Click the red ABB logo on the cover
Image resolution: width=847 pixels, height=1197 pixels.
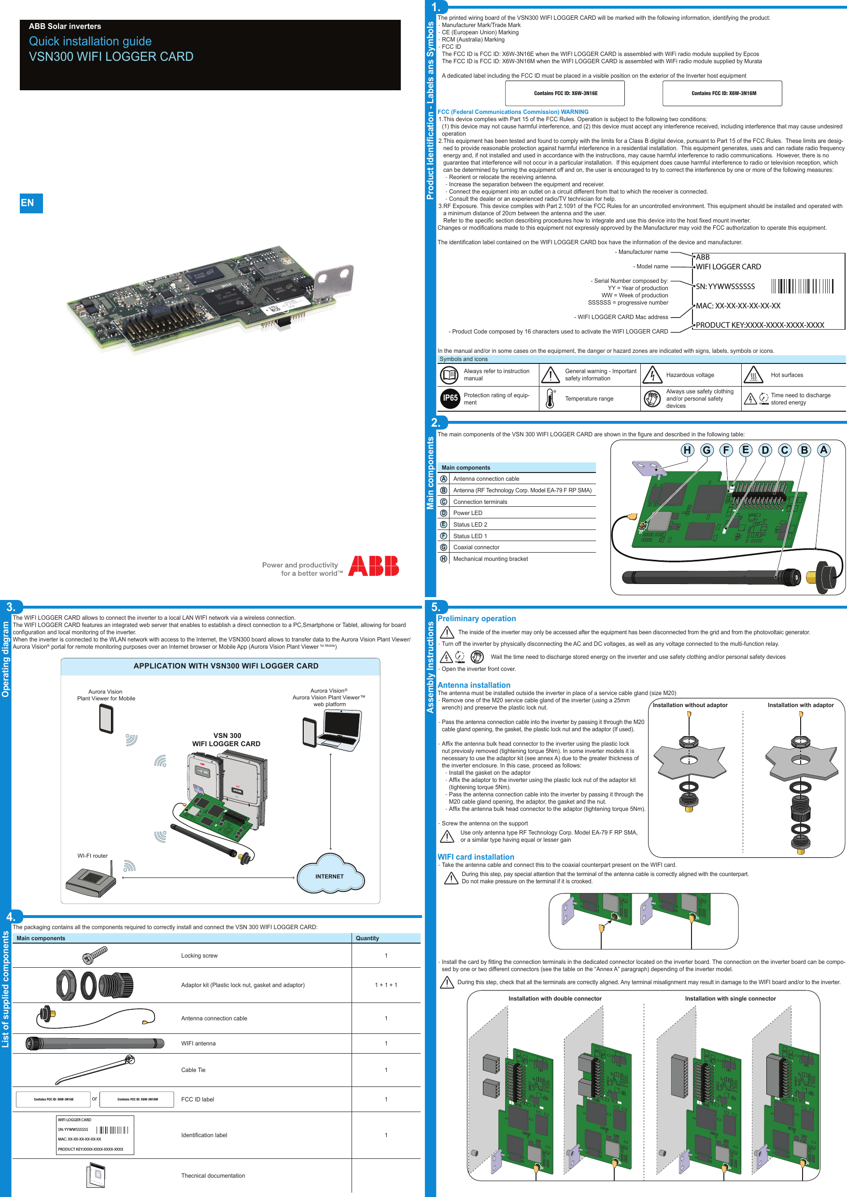(x=373, y=566)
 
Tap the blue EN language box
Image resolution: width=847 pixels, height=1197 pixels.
(x=31, y=203)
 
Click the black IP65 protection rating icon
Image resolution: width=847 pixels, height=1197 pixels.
(x=450, y=398)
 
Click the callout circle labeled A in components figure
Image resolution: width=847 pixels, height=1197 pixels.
(x=823, y=449)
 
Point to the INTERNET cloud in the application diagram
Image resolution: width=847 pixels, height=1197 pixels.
(x=329, y=876)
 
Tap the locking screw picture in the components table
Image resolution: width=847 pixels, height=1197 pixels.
(x=95, y=955)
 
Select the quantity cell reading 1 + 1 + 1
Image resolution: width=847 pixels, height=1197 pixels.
(x=386, y=985)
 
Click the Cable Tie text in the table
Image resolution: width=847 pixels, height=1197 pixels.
(x=193, y=1070)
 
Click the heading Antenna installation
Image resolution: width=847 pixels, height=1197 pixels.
(x=474, y=685)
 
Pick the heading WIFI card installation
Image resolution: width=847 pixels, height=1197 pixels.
(x=476, y=857)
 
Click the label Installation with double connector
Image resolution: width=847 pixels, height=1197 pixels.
(x=555, y=998)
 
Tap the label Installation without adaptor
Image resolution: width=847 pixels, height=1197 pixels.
(x=690, y=705)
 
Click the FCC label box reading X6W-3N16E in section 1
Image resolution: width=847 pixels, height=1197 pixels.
(x=565, y=93)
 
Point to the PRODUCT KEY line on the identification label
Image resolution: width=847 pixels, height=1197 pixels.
(x=760, y=325)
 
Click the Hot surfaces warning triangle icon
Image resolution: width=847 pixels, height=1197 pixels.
(x=753, y=375)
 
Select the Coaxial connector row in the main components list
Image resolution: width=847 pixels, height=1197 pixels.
(x=476, y=547)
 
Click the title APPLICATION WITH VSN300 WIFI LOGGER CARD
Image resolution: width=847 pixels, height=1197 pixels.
(x=226, y=666)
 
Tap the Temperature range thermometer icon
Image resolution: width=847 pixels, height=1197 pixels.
(x=550, y=398)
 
